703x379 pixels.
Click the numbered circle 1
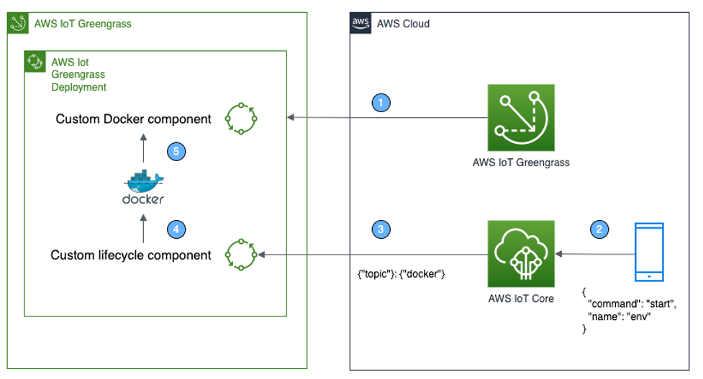383,103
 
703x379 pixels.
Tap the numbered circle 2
599,229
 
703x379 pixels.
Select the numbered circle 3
383,229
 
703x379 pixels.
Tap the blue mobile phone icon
649,252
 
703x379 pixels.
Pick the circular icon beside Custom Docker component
241,118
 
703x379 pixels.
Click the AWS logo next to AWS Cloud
360,24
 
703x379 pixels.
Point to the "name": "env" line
619,316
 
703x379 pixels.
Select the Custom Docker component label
134,119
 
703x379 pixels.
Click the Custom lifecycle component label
131,255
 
